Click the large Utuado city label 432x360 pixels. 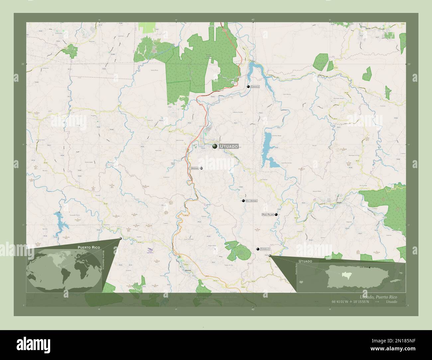click(229, 146)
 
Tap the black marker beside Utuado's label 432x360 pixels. click(215, 146)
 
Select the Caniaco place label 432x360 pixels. click(255, 87)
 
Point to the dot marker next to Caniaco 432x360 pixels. click(248, 87)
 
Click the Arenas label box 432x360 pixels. click(195, 168)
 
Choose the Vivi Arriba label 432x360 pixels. click(252, 201)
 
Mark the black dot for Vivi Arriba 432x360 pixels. click(244, 201)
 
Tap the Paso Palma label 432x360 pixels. click(268, 215)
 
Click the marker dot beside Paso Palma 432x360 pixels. click(276, 215)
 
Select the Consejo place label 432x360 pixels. click(265, 249)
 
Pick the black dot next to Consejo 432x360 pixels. click(257, 249)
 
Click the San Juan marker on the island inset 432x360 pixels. click(369, 267)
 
